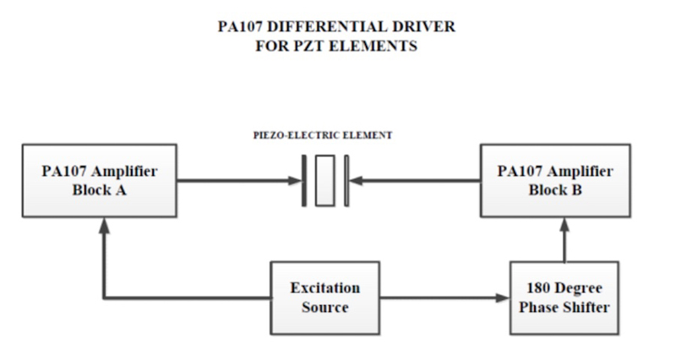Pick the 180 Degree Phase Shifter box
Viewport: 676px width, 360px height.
pyautogui.click(x=559, y=297)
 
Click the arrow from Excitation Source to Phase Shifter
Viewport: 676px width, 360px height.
pyautogui.click(x=439, y=297)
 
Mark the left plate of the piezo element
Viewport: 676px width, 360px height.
pyautogui.click(x=303, y=179)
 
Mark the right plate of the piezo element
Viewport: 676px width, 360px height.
pyautogui.click(x=346, y=179)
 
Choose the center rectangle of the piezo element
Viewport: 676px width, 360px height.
pyautogui.click(x=324, y=179)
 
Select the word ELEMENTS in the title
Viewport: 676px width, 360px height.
pyautogui.click(x=370, y=46)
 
